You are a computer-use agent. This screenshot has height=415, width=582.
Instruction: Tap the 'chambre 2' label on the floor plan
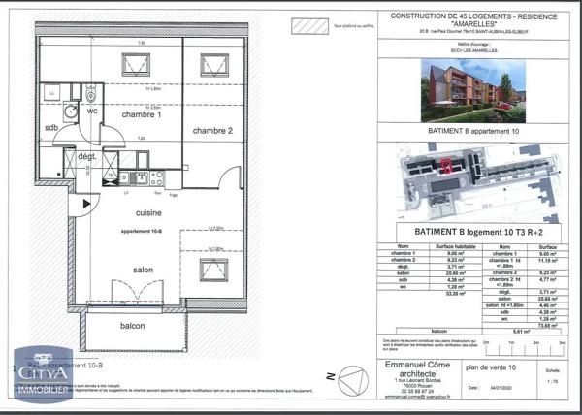click(x=213, y=131)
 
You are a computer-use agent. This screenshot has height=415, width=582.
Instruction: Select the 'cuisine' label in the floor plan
click(x=148, y=211)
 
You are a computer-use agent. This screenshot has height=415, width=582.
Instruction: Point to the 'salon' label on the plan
click(x=145, y=270)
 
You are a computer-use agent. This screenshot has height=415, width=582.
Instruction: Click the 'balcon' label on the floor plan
click(x=132, y=326)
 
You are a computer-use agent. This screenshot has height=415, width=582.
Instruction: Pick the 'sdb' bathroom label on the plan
click(x=50, y=128)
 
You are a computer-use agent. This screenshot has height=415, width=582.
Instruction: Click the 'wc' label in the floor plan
click(x=92, y=111)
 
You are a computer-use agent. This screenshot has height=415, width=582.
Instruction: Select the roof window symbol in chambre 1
click(x=132, y=67)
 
